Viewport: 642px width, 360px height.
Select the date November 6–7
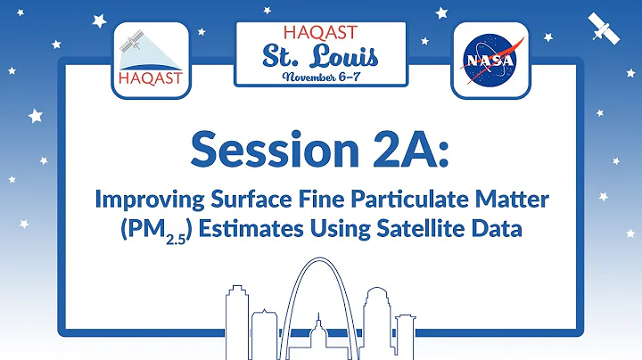point(321,77)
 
